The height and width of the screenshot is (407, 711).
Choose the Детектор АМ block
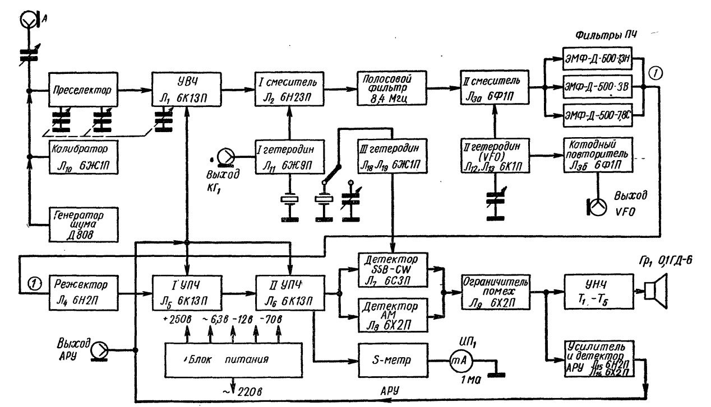[391, 315]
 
